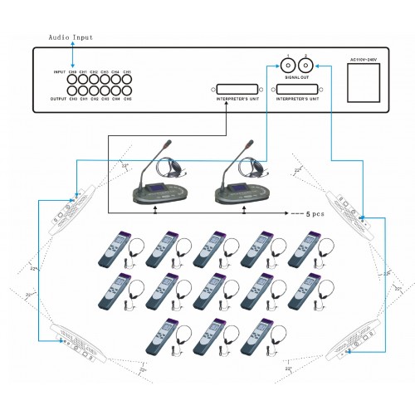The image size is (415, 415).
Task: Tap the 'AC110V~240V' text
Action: [364, 60]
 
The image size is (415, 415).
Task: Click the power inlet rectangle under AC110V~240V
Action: [362, 84]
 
